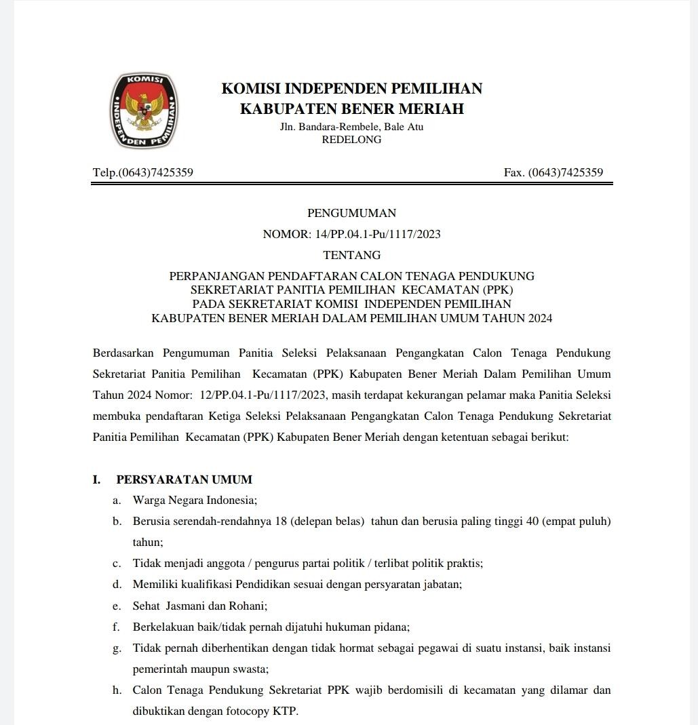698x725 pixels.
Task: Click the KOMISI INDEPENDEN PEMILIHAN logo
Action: (144, 111)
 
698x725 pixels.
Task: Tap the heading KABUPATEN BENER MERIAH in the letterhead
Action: (351, 109)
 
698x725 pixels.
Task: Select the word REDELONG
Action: (351, 140)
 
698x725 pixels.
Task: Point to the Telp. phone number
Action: (143, 172)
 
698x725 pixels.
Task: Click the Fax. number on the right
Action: (554, 172)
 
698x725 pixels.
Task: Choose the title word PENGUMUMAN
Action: (351, 213)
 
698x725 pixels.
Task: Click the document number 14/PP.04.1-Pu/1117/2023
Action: (378, 235)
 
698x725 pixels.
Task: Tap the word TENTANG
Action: (351, 256)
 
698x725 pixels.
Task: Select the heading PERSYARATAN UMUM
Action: (185, 479)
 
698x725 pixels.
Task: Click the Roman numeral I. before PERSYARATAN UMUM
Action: (97, 479)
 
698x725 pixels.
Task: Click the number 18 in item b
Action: (278, 522)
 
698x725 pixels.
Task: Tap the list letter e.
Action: (117, 606)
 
